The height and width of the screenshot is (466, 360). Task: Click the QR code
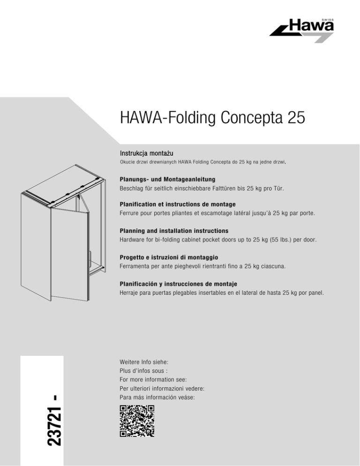pyautogui.click(x=137, y=421)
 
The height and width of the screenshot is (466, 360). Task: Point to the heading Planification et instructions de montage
pyautogui.click(x=177, y=205)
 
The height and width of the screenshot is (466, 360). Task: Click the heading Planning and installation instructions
pyautogui.click(x=174, y=231)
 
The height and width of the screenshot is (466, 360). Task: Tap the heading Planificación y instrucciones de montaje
pyautogui.click(x=178, y=285)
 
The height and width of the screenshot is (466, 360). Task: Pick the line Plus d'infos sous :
pyautogui.click(x=141, y=371)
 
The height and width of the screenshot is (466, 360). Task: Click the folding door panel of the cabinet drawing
pyautogui.click(x=68, y=253)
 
